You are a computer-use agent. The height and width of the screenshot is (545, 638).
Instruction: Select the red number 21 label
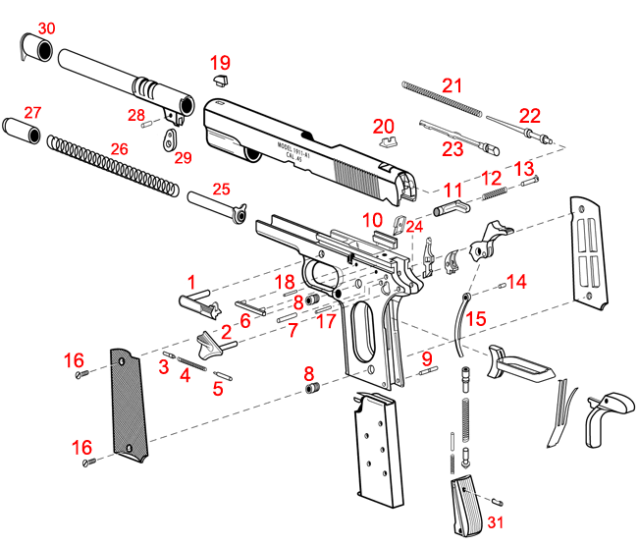[451, 85]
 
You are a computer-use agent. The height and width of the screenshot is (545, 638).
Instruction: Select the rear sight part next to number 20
[386, 138]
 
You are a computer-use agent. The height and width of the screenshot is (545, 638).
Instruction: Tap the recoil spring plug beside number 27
[21, 130]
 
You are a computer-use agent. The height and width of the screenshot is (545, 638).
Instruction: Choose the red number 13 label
[523, 168]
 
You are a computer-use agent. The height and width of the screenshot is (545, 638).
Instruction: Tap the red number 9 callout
[426, 358]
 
